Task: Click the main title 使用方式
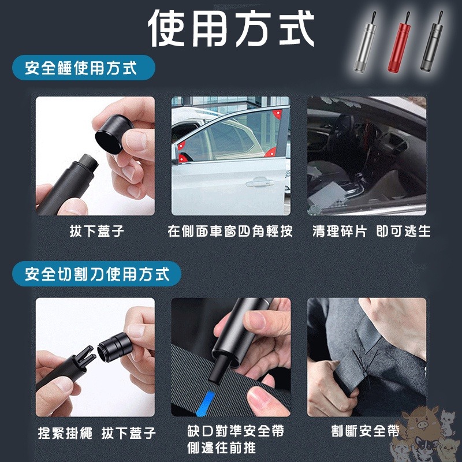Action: [x=231, y=29]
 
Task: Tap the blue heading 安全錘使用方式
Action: [x=81, y=68]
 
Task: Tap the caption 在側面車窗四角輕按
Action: [x=230, y=232]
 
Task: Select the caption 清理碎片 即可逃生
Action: [x=371, y=232]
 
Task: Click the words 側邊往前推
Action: [x=221, y=448]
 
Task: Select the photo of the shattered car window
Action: [x=366, y=156]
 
